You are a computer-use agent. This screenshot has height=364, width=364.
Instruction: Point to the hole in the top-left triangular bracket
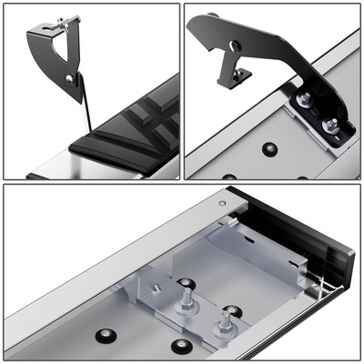pos(69,78)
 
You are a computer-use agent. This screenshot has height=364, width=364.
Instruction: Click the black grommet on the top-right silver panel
pos(268,147)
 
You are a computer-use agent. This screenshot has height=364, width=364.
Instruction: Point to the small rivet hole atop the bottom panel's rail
pos(222,202)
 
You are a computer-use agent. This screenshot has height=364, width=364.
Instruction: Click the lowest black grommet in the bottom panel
pos(182,345)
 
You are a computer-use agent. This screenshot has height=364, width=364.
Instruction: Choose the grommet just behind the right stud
pos(232,311)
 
